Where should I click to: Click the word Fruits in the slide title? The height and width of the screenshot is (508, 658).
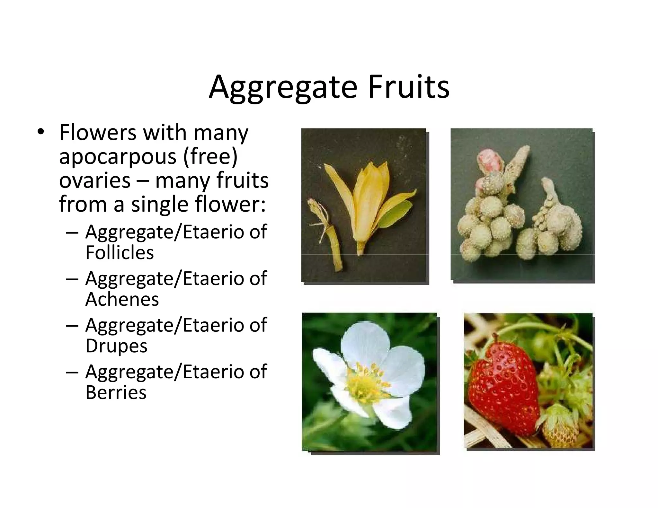click(x=409, y=87)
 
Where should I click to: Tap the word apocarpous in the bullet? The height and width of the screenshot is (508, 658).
click(x=118, y=157)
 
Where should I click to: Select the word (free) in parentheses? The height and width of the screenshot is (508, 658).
click(x=210, y=156)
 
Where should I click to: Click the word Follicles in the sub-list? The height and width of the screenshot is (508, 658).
click(x=120, y=252)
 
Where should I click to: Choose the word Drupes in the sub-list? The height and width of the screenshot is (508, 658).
click(x=116, y=346)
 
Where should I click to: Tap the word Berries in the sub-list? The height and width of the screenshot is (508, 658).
click(x=116, y=392)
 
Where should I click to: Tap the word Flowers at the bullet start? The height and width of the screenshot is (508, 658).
click(x=98, y=133)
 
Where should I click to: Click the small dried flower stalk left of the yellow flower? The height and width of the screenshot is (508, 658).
click(x=325, y=231)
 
